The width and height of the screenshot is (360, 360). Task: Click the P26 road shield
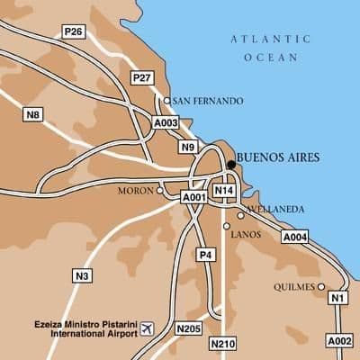74,32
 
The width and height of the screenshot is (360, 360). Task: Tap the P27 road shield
141,78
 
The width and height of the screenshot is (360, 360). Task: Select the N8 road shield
33,113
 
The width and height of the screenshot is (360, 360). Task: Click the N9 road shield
187,147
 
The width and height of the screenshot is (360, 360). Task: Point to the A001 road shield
194,197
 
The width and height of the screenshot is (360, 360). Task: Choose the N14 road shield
224,191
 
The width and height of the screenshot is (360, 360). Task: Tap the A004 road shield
295,237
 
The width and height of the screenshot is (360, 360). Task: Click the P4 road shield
206,255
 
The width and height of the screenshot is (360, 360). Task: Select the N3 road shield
82,275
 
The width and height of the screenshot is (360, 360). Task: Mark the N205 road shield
189,329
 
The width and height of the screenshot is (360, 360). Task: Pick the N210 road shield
221,344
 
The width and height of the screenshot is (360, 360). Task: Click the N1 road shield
337,298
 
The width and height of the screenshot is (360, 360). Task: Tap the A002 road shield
339,341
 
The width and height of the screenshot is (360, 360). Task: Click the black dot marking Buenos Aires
231,165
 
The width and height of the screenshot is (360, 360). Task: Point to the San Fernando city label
207,101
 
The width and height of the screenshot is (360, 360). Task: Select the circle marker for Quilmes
321,287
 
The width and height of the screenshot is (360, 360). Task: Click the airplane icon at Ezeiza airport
148,326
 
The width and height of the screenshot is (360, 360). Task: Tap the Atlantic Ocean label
270,47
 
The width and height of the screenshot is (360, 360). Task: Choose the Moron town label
136,191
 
